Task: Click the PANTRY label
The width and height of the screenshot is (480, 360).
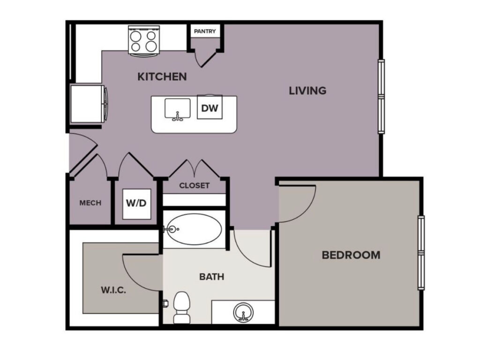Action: point(205,32)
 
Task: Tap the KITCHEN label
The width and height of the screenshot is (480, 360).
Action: point(162,76)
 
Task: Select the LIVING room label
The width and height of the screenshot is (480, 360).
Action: point(307,90)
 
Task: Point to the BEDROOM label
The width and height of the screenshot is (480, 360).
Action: point(351,255)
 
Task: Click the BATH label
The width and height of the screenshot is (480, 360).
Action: point(212,277)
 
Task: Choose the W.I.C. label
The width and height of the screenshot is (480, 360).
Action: point(114,290)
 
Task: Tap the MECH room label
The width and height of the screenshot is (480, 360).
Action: point(90,203)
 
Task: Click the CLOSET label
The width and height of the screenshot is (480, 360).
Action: point(194,186)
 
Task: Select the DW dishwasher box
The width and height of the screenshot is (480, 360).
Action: point(210,108)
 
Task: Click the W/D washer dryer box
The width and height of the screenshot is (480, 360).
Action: point(136,203)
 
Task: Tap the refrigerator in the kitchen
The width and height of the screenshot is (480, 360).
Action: point(87,104)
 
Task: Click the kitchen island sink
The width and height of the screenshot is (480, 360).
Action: point(177,109)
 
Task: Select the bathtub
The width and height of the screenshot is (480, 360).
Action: point(194,230)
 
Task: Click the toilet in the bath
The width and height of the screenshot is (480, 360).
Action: point(181,307)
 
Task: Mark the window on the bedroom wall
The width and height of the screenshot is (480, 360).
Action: point(421,253)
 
